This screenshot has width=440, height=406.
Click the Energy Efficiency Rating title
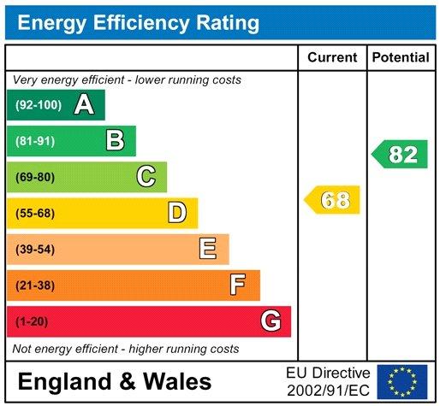point(139,22)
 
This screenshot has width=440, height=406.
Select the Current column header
point(332,58)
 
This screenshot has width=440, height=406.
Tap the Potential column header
point(401,58)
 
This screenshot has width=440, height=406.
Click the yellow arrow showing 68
point(333,201)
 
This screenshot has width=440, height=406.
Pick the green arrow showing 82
point(401,155)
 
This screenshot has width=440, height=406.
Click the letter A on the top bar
point(84,105)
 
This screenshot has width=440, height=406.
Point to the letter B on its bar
point(115,141)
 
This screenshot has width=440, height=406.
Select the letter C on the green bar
point(146,177)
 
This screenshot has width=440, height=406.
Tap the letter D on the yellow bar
point(177,213)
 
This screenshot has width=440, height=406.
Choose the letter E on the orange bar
point(207,249)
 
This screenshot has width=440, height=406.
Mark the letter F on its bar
point(238,285)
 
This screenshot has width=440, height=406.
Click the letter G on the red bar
point(271,321)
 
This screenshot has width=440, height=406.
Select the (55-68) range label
point(34,213)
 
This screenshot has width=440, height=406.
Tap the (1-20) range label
point(31,321)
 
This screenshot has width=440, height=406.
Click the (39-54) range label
point(34,249)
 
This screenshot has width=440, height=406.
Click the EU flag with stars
point(401,381)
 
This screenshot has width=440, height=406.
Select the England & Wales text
point(114,381)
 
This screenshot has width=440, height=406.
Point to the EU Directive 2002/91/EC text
point(329,381)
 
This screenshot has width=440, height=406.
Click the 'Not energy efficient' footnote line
point(125,349)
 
